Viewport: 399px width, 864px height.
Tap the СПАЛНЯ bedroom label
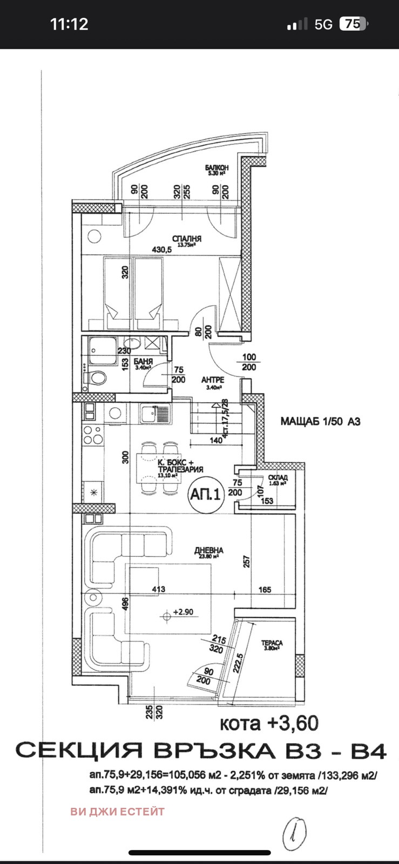[187, 239]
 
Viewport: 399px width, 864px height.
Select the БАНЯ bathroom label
[145, 361]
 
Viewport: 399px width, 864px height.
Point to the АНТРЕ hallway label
[213, 380]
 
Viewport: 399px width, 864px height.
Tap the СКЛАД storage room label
[278, 477]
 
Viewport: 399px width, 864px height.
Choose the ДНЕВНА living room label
[209, 551]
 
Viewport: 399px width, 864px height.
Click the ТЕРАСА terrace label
[272, 643]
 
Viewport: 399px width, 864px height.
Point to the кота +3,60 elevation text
[269, 723]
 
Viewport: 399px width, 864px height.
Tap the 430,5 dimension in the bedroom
[161, 249]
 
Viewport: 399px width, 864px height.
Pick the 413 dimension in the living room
[159, 589]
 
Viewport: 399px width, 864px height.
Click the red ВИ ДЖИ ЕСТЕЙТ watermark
[117, 811]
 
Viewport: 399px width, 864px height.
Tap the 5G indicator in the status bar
[323, 24]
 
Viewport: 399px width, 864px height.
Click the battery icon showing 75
[353, 24]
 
